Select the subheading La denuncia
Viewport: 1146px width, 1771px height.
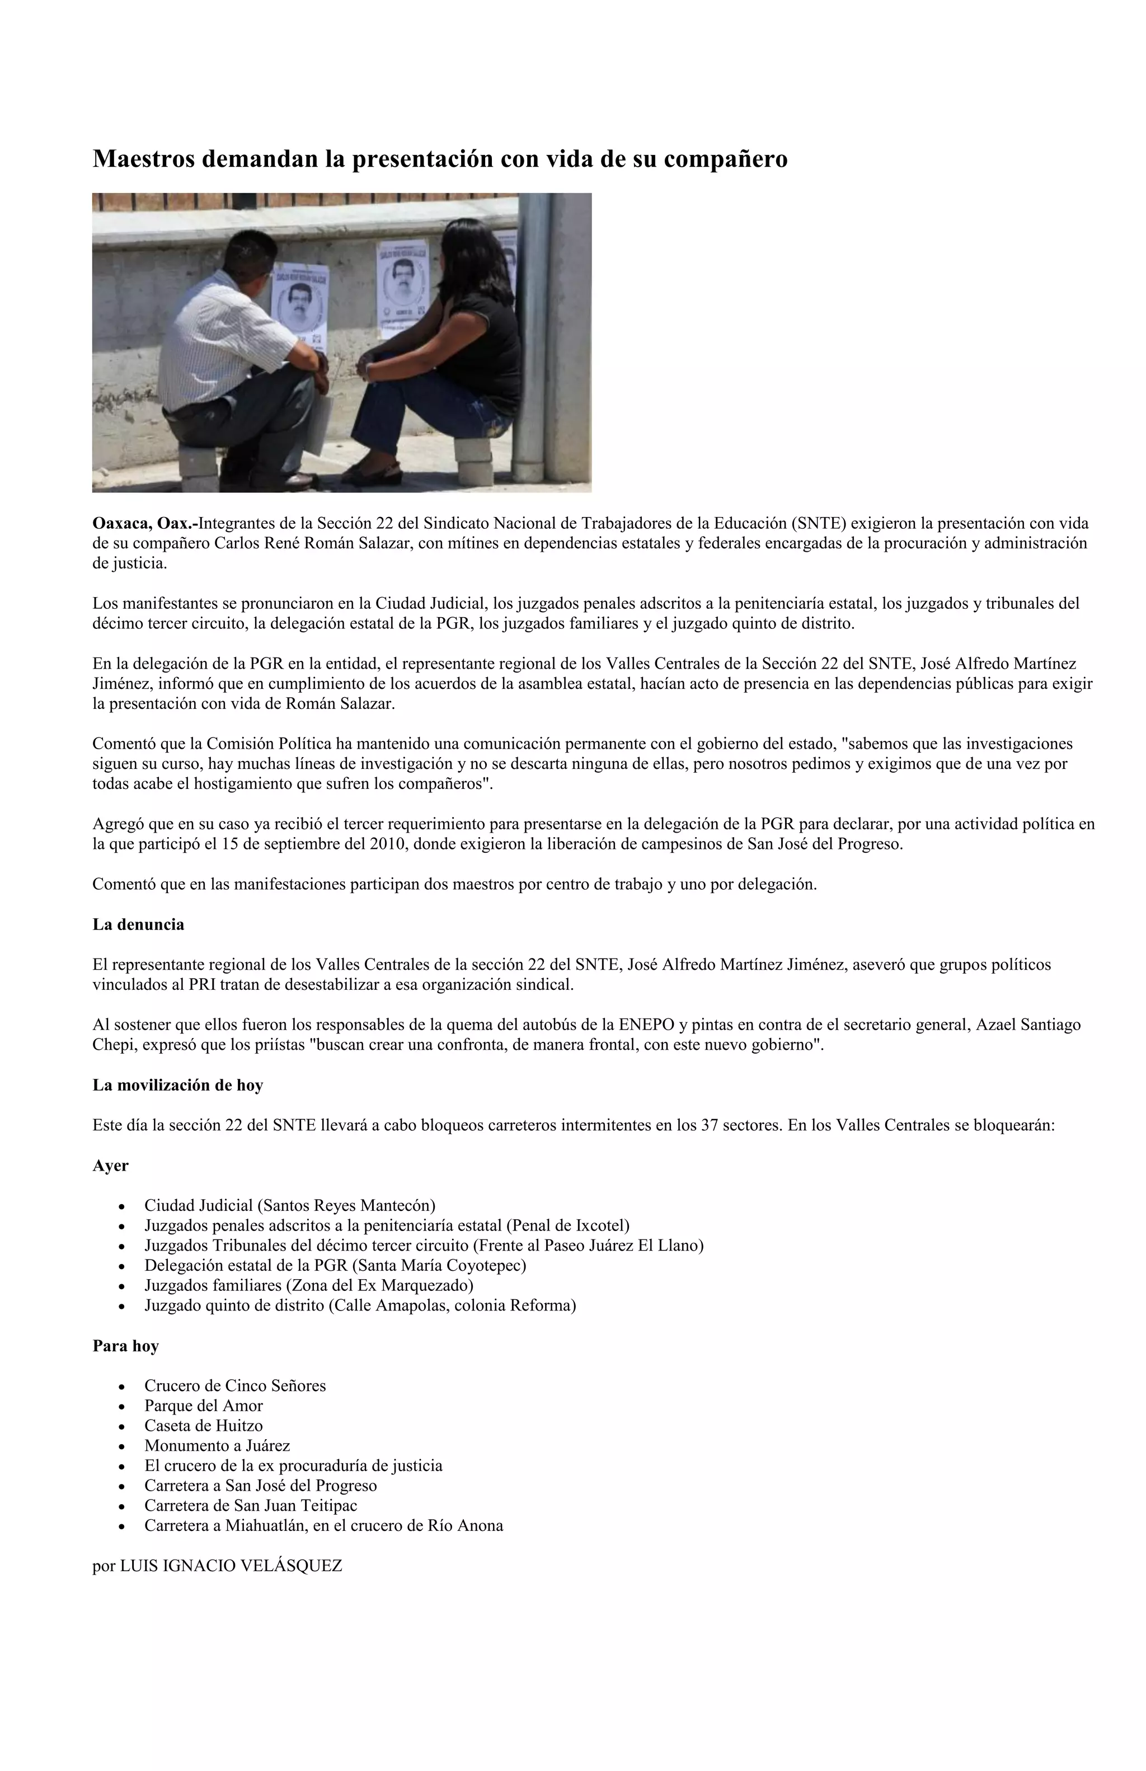tap(138, 924)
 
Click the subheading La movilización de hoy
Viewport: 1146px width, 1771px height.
tap(178, 1085)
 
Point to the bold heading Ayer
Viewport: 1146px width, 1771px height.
tap(110, 1166)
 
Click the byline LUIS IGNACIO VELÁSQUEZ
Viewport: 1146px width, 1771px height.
tap(231, 1566)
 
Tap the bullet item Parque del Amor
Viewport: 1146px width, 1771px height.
tap(203, 1406)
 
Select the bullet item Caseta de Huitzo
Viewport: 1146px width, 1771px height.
tap(203, 1426)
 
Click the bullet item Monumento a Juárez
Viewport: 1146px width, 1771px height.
tap(217, 1446)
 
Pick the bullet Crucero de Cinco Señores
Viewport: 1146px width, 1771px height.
tap(234, 1385)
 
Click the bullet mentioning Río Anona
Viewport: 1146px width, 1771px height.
tap(323, 1525)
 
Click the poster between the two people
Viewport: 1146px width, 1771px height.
tap(402, 286)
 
